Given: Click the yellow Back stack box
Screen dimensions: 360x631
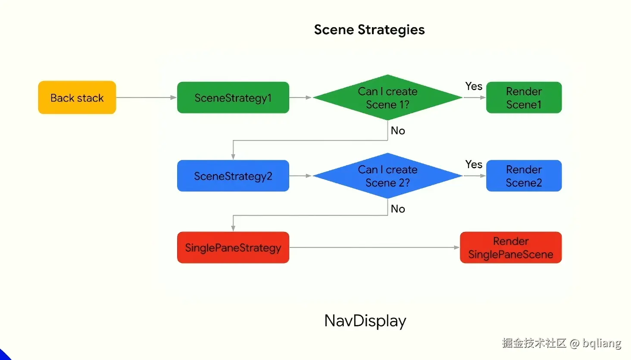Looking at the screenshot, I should click(77, 98).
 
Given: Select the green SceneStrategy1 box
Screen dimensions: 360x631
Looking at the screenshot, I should click(233, 98).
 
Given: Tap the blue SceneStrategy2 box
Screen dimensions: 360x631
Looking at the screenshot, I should click(233, 176).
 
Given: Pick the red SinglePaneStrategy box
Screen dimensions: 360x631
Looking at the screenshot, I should click(233, 247).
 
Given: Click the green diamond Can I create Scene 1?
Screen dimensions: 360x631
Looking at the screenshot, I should click(387, 98).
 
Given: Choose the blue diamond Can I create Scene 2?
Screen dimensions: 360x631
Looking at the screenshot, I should click(387, 176).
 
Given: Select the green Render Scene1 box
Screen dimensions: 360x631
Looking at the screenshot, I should click(524, 98).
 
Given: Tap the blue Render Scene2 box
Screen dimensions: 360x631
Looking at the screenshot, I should click(524, 176).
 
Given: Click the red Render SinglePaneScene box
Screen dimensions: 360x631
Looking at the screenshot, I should click(511, 247).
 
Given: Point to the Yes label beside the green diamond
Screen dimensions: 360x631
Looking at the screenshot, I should click(474, 86).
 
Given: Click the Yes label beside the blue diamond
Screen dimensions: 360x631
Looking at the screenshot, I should click(474, 164).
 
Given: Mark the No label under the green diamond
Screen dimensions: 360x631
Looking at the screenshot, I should click(398, 131).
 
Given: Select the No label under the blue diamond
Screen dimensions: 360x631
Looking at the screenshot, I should click(398, 209).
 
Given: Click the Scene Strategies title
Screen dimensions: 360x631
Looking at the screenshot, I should click(369, 30).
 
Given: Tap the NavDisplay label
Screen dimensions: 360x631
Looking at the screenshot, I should click(365, 321).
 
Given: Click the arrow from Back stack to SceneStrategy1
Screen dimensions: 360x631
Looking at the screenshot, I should click(147, 98).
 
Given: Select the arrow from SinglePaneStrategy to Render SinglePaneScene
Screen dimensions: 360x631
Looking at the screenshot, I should click(374, 247).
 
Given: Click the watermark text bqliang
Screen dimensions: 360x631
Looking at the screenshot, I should click(602, 343).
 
